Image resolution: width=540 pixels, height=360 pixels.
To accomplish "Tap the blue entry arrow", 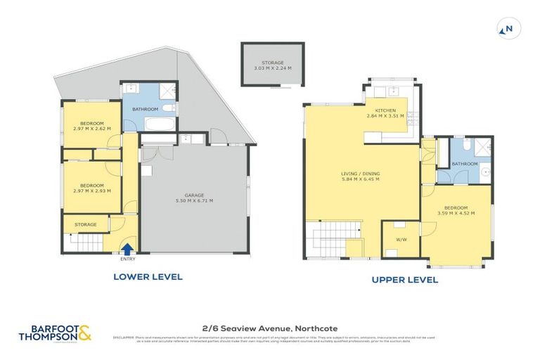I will coord(127,247).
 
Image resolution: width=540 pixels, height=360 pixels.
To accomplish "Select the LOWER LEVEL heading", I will coord(148,276).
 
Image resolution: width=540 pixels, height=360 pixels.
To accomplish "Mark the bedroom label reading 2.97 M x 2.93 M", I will coord(91,188).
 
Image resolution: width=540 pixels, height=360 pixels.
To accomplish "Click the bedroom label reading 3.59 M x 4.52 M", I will coord(456,212).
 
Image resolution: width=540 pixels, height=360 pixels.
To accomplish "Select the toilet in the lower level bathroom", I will coord(171,107).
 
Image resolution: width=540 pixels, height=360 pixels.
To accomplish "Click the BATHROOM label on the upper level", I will coord(465,164).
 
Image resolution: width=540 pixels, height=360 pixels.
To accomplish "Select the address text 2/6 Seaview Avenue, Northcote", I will coord(269,328).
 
